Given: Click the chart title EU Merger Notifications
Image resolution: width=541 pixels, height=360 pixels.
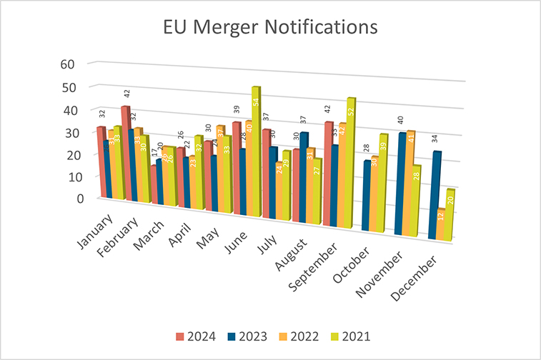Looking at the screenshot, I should coord(270,27).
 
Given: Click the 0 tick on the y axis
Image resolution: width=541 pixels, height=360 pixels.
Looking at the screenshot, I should coord(70,198).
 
